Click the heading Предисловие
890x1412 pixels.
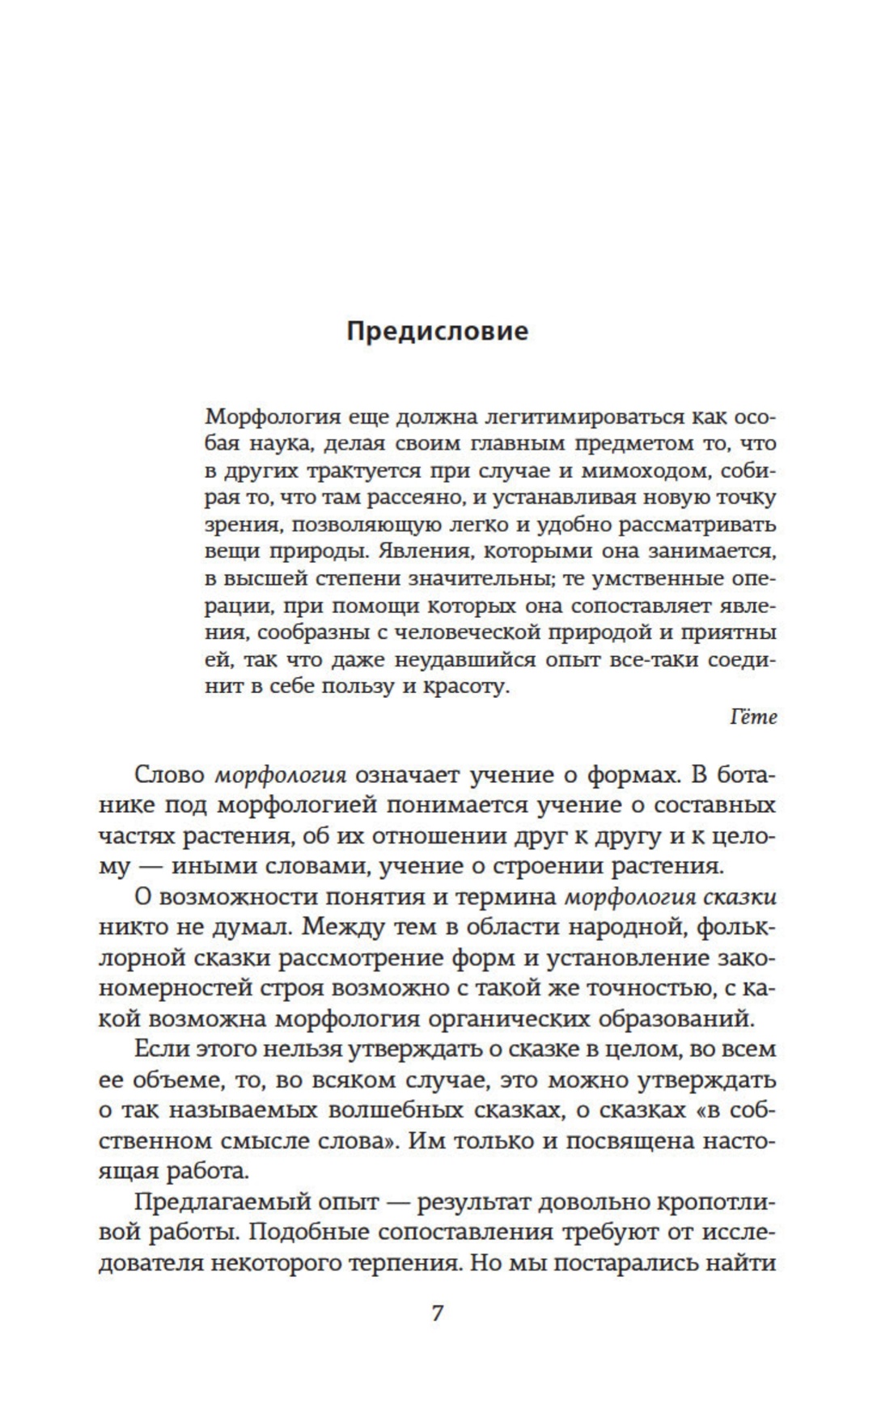[438, 332]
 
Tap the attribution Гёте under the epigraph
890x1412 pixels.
[753, 717]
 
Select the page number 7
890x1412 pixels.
[437, 1313]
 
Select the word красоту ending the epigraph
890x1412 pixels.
[468, 687]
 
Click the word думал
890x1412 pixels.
[244, 927]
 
